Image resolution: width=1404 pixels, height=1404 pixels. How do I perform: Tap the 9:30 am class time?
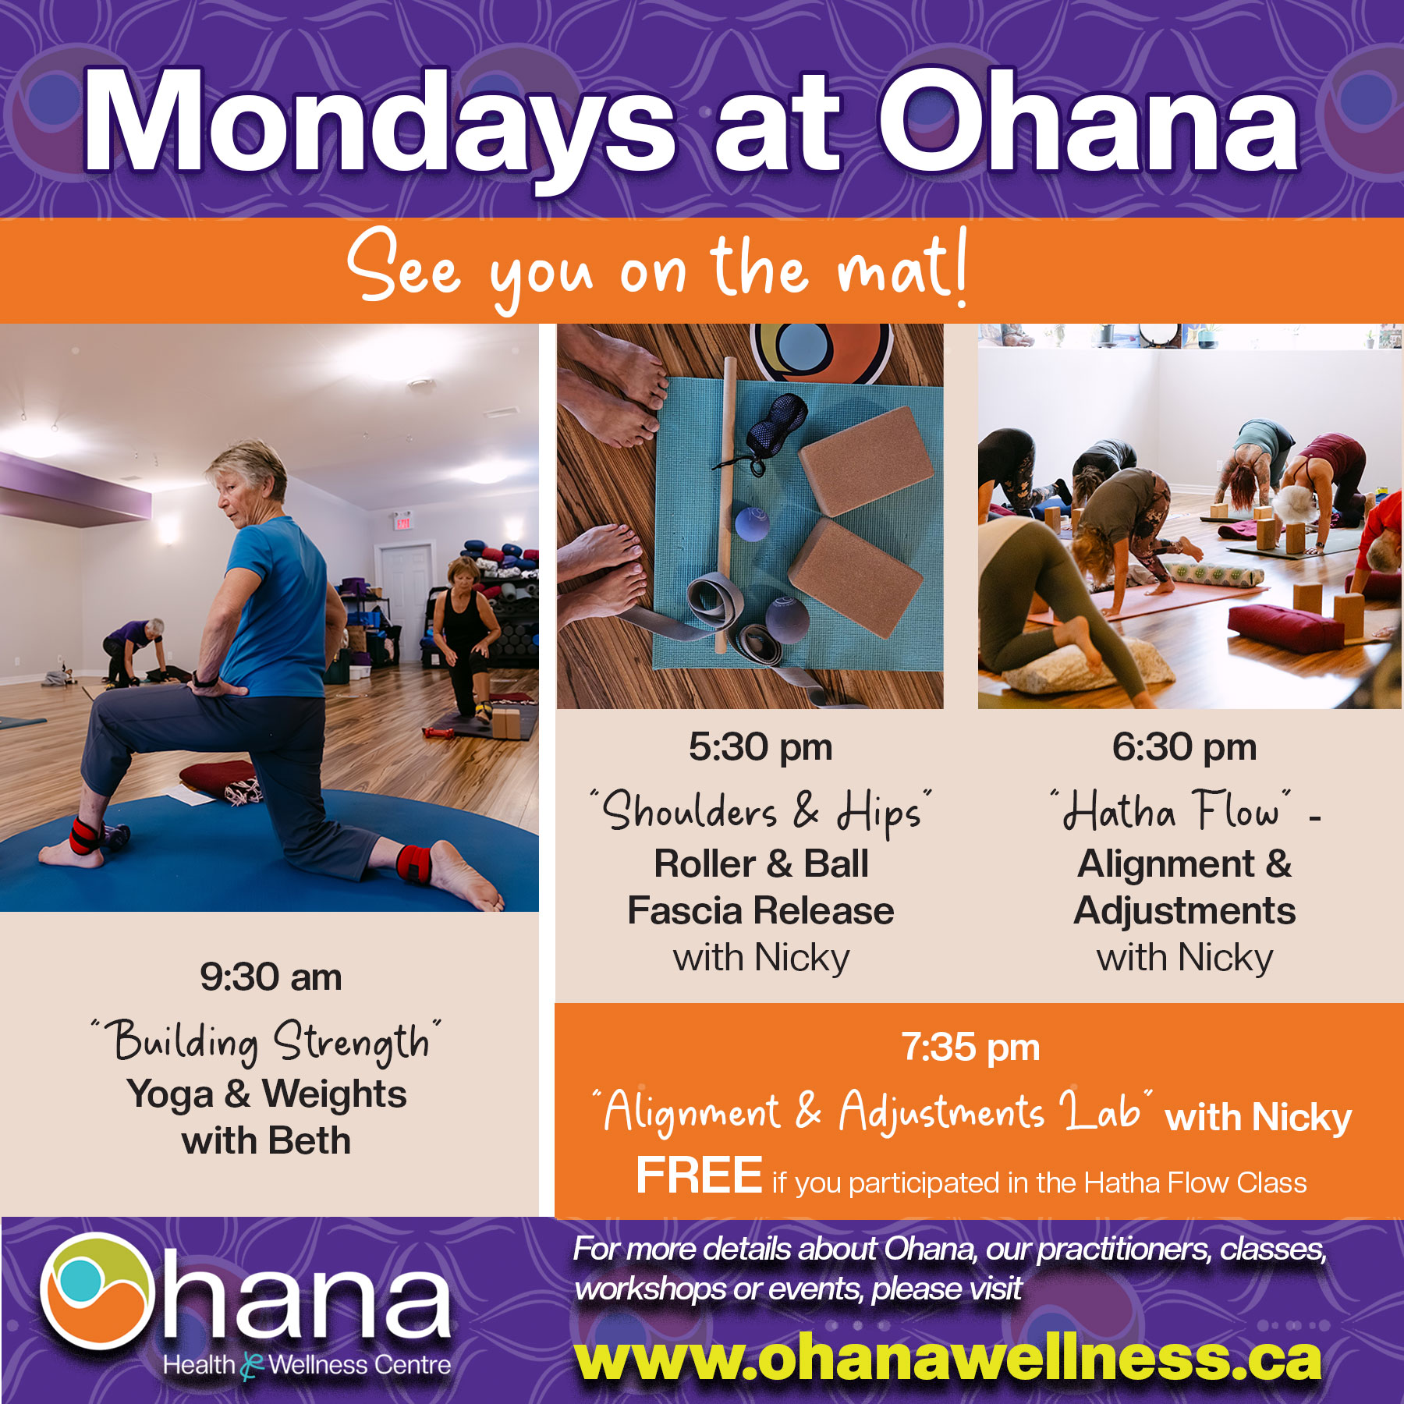271,977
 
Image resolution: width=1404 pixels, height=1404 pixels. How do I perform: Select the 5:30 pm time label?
760,747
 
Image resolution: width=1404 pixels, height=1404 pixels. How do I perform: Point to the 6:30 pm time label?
1184,747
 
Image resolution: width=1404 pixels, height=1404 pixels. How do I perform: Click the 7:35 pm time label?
971,1048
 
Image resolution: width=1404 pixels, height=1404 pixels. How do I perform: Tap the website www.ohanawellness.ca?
948,1359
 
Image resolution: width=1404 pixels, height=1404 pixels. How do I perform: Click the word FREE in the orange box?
699,1175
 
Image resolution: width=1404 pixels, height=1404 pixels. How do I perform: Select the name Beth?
310,1141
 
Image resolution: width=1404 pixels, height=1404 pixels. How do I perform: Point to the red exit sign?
402,522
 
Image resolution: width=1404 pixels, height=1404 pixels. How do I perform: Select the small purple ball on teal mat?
752,523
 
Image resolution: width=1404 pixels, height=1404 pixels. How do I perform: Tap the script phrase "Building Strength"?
266,1041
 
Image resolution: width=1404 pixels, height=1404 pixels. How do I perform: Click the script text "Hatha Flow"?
1170,811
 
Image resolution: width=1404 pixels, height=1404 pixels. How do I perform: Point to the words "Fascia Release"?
760,911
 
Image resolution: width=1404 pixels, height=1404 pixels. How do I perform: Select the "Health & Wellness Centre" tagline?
307,1366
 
